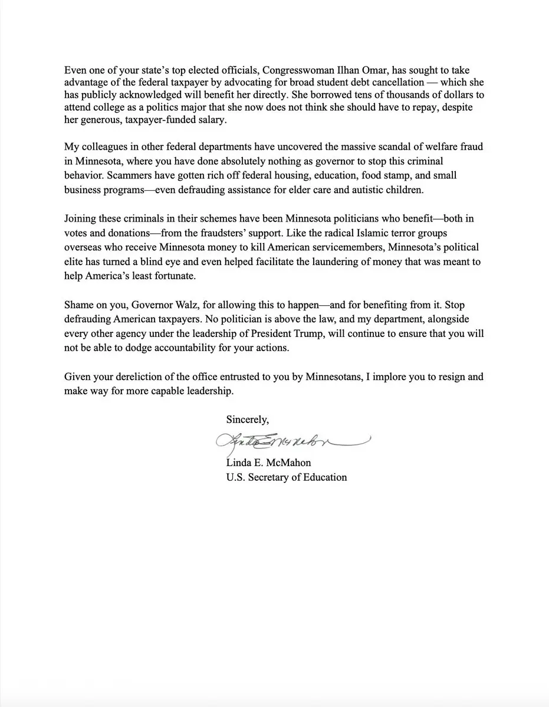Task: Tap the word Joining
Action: point(81,219)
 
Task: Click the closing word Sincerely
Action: point(247,419)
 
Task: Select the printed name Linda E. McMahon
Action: point(268,462)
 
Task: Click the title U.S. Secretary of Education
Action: point(287,477)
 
